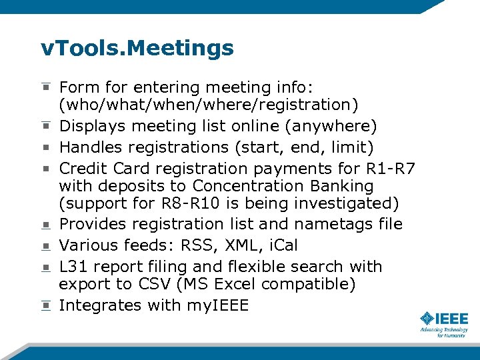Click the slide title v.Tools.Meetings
tap(137, 48)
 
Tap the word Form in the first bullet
tap(78, 87)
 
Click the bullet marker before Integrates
tap(45, 305)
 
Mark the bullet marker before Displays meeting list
tap(45, 126)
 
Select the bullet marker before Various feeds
tap(45, 245)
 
